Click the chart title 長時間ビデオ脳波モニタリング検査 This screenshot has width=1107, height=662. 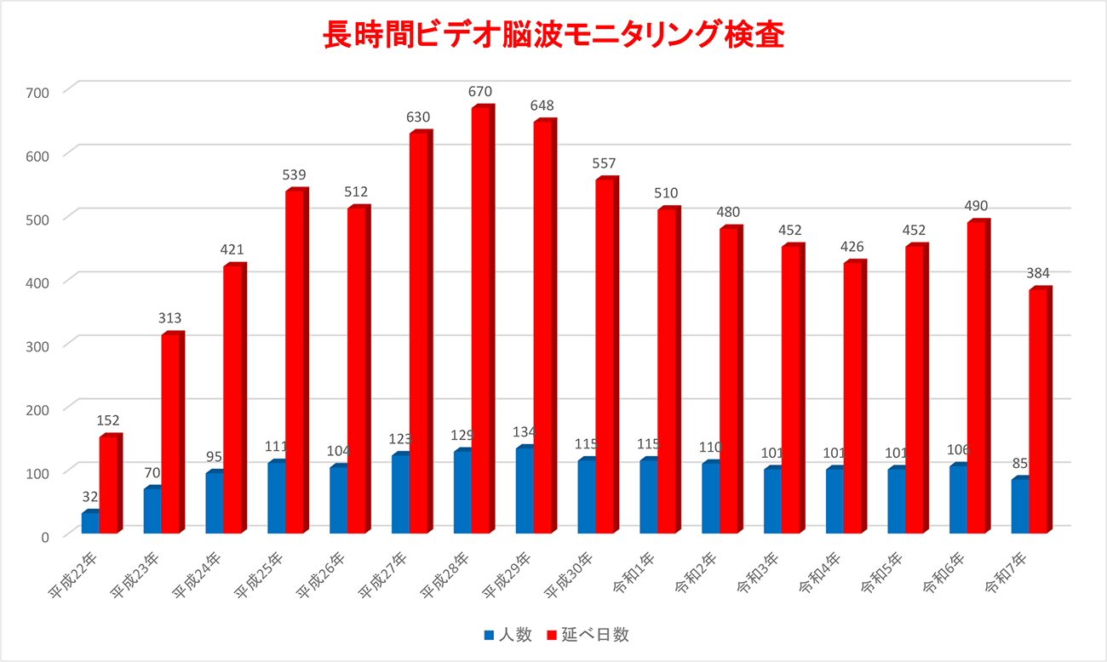553,35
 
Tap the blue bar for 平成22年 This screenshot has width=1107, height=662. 89,523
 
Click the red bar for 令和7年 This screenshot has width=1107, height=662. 1038,412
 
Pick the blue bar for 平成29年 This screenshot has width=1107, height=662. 525,491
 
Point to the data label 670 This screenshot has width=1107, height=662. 480,92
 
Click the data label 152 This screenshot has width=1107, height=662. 108,420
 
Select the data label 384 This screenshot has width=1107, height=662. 1038,274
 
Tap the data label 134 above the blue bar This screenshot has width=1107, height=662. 524,432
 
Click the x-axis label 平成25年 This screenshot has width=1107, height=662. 258,575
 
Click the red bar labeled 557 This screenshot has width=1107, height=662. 605,357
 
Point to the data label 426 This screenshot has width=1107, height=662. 852,247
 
